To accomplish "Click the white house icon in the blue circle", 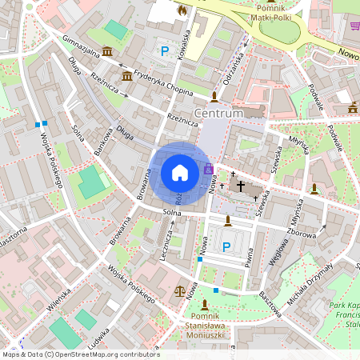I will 179,172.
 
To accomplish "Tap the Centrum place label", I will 218,114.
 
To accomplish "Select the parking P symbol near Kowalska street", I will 166,51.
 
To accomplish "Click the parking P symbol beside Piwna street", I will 226,246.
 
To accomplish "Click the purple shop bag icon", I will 209,170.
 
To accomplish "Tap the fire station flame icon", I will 182,10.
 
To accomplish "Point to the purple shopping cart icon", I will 354,25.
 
